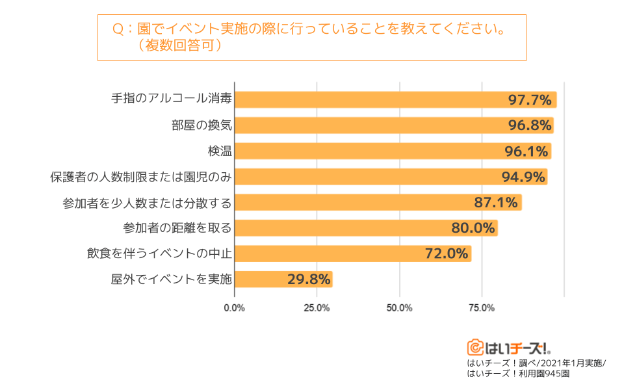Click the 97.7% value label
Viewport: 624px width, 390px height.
530,100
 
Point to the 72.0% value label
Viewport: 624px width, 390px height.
447,253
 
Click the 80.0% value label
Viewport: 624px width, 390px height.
473,228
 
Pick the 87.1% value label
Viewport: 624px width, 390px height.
496,202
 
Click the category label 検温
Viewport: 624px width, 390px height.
220,151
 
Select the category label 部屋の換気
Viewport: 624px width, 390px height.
201,125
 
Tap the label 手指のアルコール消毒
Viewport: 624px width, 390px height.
172,100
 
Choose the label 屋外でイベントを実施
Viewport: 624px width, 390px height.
172,279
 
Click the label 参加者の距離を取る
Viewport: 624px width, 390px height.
177,228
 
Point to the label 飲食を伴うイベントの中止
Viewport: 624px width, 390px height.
159,253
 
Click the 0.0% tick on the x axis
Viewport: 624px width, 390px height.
234,307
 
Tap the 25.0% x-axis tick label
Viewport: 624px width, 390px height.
317,307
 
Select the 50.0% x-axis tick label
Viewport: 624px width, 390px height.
399,307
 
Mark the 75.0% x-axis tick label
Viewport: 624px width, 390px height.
482,307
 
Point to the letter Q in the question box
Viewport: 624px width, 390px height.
118,30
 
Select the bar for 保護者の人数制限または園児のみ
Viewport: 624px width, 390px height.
390,177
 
